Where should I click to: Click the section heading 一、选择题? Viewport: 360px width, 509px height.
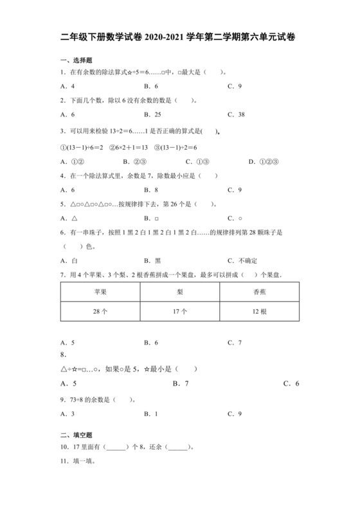(x=70, y=60)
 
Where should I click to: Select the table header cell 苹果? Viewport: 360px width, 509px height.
(x=100, y=291)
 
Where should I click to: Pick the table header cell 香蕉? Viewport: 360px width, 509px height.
(x=259, y=291)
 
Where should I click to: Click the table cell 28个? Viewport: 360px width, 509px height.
(x=100, y=312)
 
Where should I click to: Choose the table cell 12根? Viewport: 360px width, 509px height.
(x=259, y=312)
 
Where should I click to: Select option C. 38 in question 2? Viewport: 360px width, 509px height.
(x=235, y=115)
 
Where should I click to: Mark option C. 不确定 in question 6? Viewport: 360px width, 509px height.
(x=242, y=260)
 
